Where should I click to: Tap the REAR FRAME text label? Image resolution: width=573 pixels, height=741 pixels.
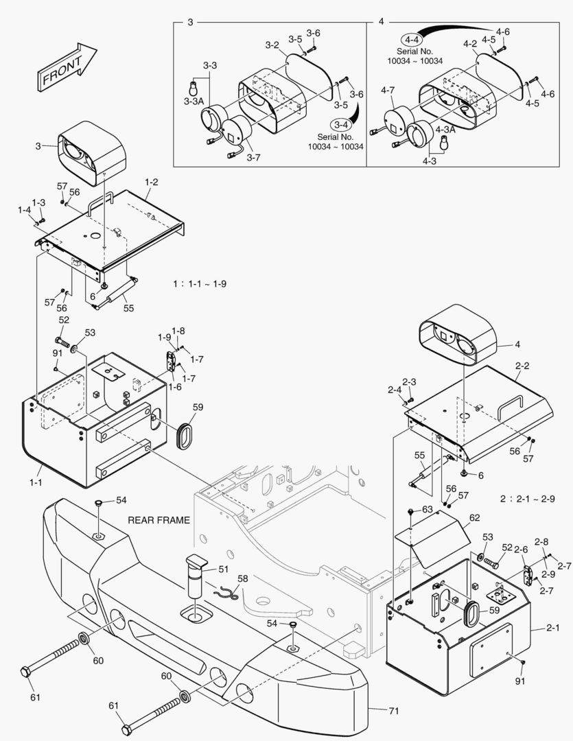[159, 520]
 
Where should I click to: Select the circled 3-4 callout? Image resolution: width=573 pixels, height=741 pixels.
[341, 124]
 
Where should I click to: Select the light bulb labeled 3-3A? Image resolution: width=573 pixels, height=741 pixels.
[193, 87]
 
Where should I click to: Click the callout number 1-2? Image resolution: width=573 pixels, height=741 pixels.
[152, 182]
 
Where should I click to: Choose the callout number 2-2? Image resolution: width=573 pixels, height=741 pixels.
[522, 366]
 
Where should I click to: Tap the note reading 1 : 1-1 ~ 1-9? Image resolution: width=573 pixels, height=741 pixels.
[200, 283]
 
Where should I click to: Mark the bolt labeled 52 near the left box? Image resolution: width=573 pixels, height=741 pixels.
[62, 340]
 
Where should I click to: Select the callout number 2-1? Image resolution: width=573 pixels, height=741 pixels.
[553, 628]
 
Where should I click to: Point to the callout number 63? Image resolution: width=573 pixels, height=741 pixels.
[427, 510]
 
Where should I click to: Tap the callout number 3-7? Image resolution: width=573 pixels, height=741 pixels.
[253, 158]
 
